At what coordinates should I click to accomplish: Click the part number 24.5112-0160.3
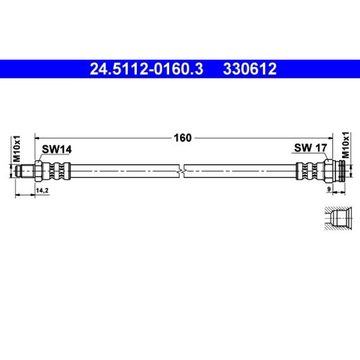147,69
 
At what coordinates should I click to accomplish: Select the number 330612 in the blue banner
249,69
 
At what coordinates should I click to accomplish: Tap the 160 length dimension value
183,138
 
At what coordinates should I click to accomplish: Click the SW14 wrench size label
57,150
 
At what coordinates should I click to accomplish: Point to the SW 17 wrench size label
311,148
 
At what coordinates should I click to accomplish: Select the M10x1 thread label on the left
16,149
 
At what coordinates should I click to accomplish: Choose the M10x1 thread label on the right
345,145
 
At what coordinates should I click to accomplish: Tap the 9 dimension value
329,189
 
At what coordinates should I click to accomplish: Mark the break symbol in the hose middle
182,171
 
